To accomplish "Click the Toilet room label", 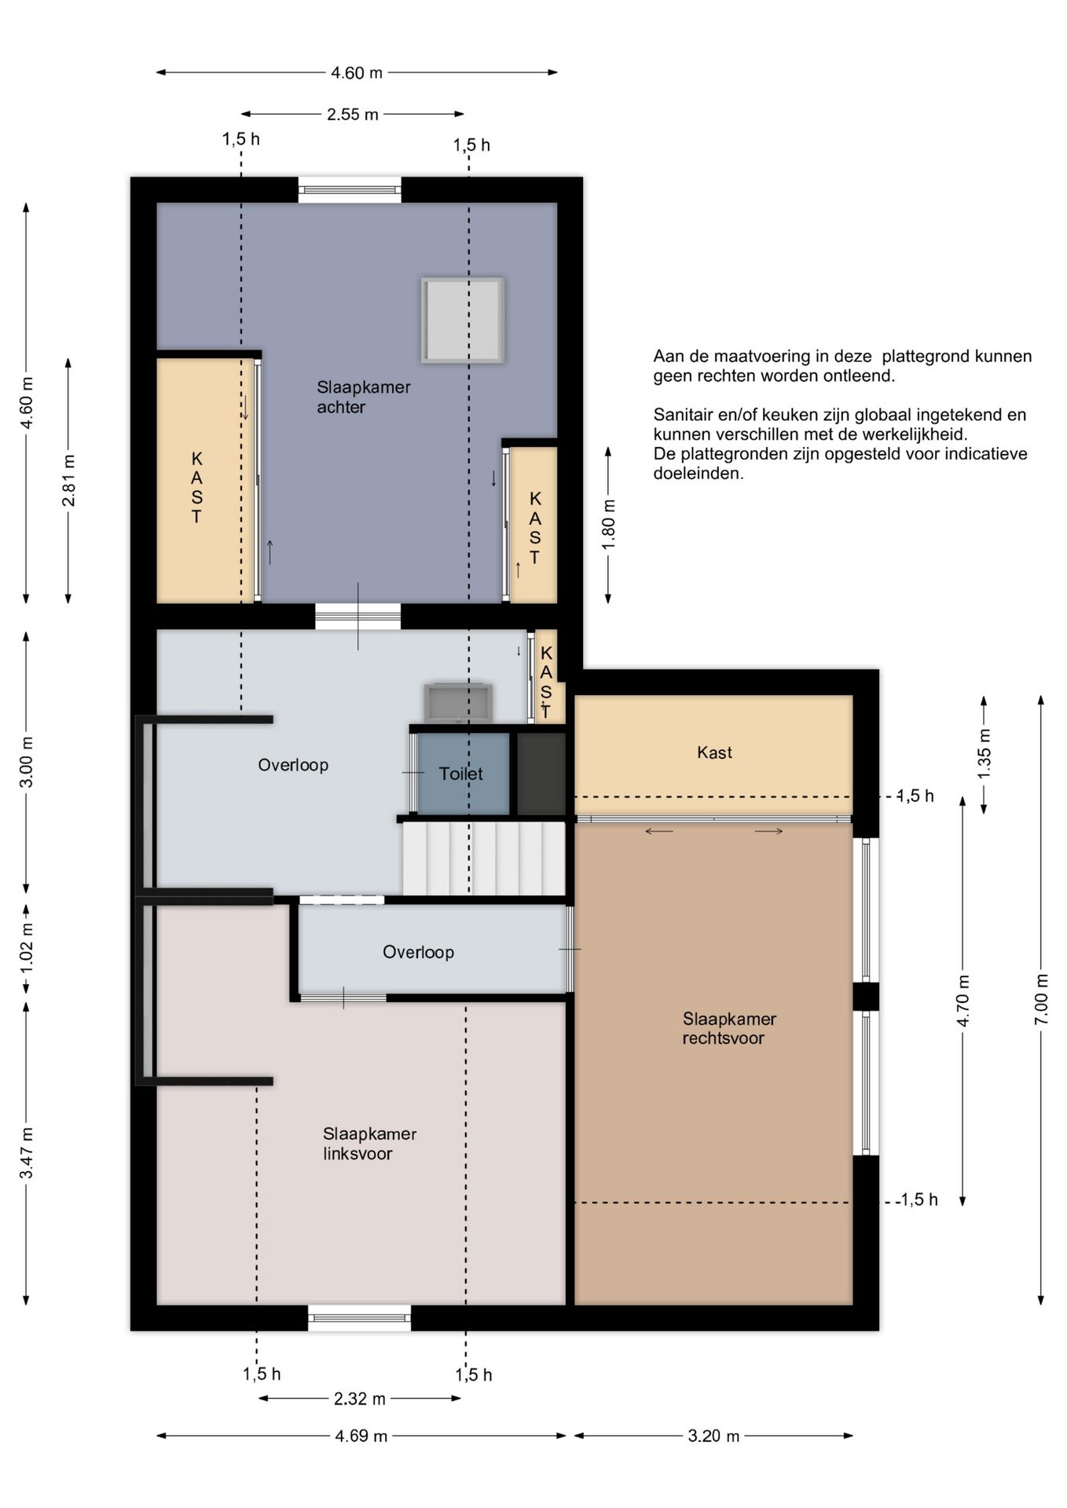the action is [x=461, y=774].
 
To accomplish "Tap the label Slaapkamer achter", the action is [x=364, y=397].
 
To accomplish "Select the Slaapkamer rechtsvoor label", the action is [x=729, y=1028].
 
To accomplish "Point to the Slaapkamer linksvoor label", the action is [x=369, y=1144].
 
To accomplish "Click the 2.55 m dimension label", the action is [x=353, y=115].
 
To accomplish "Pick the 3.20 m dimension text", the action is [x=713, y=1436].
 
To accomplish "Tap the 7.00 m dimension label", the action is [x=1042, y=998].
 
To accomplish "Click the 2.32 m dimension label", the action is [x=360, y=1399].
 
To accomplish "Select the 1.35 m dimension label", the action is [x=984, y=754].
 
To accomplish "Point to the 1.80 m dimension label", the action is [x=609, y=525].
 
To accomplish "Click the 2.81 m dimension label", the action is [x=69, y=481].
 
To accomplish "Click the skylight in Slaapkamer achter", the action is [x=462, y=320].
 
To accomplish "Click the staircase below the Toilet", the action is [x=484, y=858].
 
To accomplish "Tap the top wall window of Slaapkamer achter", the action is [x=350, y=190].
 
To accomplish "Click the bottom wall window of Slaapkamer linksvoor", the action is [x=359, y=1317].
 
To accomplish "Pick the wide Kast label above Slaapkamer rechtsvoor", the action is [x=714, y=752].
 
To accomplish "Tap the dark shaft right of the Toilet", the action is [x=541, y=774].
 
